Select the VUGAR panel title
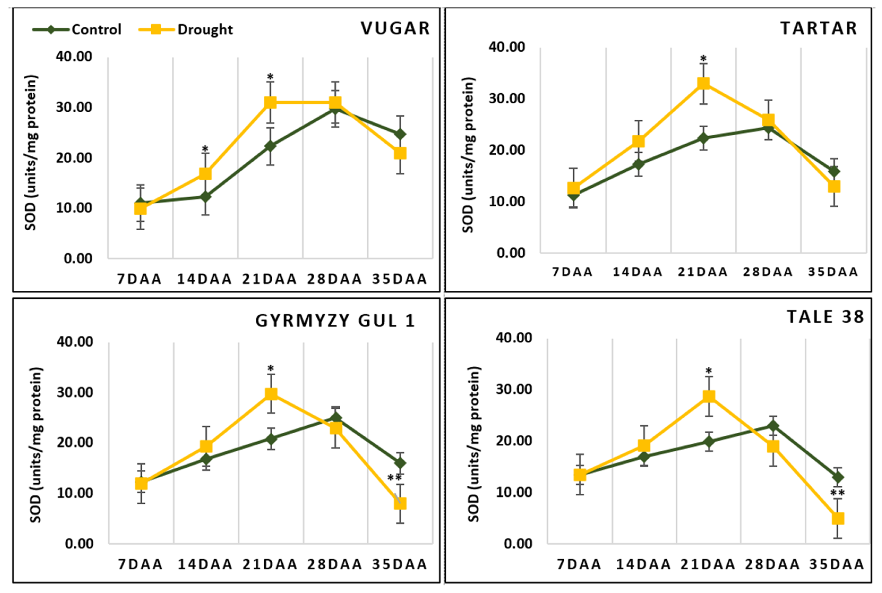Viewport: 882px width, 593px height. pos(395,28)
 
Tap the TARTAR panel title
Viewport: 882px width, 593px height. pos(819,28)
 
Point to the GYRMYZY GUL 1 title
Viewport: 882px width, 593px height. pos(335,321)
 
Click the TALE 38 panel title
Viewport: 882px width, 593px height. pos(825,317)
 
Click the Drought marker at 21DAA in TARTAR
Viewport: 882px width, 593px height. pos(703,83)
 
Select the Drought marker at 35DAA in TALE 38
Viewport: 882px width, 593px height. pos(838,518)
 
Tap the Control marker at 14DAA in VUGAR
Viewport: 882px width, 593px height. pos(205,197)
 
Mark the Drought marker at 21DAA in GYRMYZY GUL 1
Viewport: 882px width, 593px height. pos(271,394)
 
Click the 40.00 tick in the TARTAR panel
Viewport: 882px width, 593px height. pos(506,47)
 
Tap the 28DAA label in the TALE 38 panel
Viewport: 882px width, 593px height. pos(772,564)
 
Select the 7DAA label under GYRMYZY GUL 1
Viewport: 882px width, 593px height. pos(140,564)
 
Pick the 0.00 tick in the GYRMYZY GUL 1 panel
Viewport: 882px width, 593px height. pos(79,543)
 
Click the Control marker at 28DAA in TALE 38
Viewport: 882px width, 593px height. pos(773,426)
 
